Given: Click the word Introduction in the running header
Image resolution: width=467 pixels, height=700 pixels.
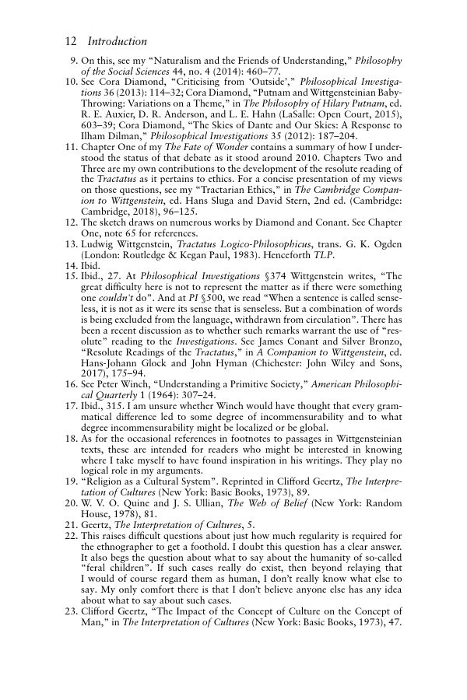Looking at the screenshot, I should [x=118, y=41].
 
